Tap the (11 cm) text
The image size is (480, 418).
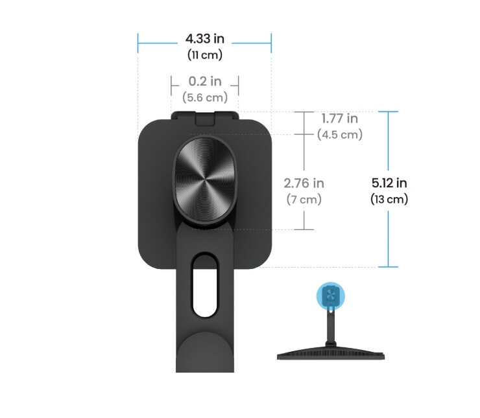pyautogui.click(x=204, y=55)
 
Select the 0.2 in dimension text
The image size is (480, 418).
pyautogui.click(x=205, y=82)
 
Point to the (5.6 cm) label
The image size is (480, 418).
pyautogui.click(x=205, y=97)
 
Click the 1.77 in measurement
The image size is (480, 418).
pyautogui.click(x=339, y=119)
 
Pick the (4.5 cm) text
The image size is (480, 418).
pyautogui.click(x=339, y=135)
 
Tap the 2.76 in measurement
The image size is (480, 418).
pyautogui.click(x=304, y=183)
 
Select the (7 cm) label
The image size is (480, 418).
pyautogui.click(x=304, y=199)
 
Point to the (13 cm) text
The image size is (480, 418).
pyautogui.click(x=389, y=199)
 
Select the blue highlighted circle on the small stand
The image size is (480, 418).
pyautogui.click(x=331, y=296)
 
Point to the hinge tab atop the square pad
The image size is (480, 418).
pyautogui.click(x=205, y=117)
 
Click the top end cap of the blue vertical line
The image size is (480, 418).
pyautogui.click(x=389, y=111)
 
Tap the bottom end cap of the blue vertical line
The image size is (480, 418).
pyautogui.click(x=389, y=266)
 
